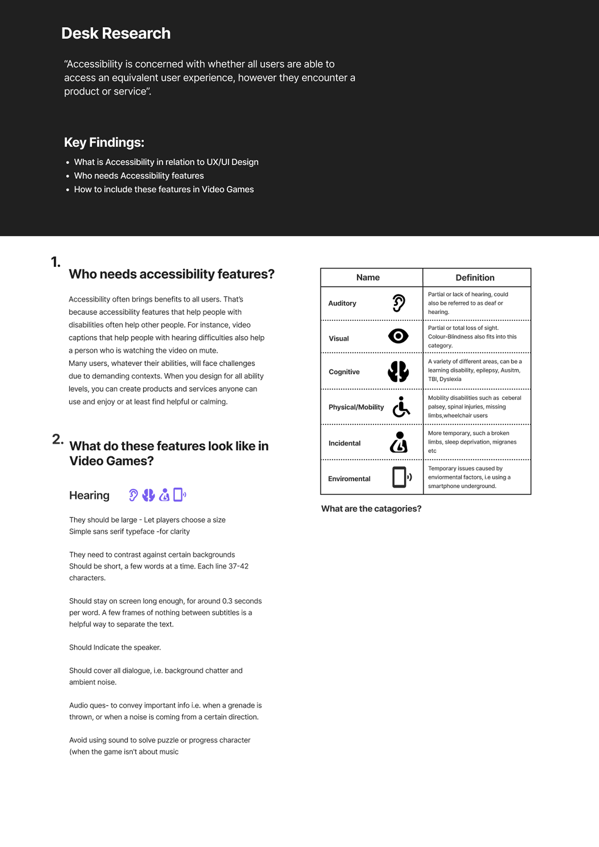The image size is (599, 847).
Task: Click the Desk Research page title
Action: click(x=116, y=34)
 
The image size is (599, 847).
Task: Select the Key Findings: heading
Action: click(x=104, y=143)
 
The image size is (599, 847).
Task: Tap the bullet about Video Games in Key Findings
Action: click(x=164, y=190)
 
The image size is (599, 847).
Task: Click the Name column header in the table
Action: click(x=368, y=278)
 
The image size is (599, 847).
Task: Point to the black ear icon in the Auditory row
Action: click(x=399, y=303)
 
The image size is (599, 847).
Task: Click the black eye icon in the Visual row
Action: click(x=398, y=336)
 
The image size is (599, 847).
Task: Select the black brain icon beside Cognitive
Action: click(x=398, y=371)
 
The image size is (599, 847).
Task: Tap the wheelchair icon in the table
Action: click(x=401, y=407)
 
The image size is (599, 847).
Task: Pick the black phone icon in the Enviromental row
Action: click(x=401, y=477)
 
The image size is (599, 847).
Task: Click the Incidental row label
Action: click(x=344, y=443)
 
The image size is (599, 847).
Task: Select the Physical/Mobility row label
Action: click(x=356, y=407)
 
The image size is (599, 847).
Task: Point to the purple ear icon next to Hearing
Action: click(x=133, y=495)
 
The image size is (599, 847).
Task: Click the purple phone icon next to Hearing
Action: click(x=179, y=495)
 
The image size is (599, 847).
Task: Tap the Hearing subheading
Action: click(x=89, y=496)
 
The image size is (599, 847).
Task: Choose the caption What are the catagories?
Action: click(x=371, y=509)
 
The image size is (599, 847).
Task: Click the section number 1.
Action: click(x=55, y=262)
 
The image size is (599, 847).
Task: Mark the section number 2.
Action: click(x=58, y=439)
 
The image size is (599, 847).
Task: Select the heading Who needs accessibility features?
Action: click(x=172, y=274)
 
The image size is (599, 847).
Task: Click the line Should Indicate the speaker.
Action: click(x=115, y=647)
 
